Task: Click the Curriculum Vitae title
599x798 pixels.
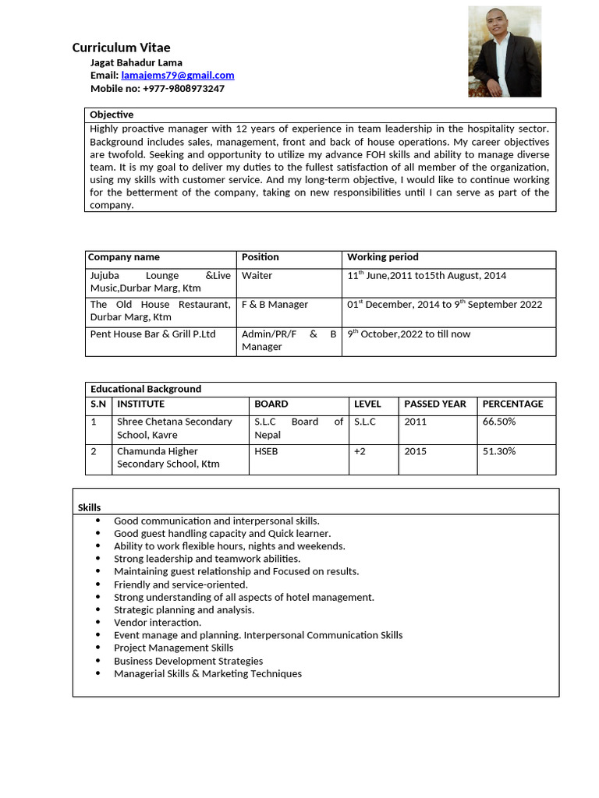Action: pos(121,48)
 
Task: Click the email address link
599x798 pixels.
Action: pos(177,76)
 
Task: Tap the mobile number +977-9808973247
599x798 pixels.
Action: pos(183,89)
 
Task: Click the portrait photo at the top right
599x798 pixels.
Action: pos(504,51)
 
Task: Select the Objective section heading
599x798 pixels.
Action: pos(112,115)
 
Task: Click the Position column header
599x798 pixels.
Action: pos(260,257)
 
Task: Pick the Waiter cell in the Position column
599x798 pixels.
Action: pos(257,276)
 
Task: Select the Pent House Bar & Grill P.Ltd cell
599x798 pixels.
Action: pos(153,334)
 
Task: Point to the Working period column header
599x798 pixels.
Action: pos(382,257)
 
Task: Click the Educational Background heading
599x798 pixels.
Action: pos(145,389)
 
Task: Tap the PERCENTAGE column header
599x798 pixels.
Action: pos(512,404)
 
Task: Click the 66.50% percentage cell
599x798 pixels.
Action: pos(499,422)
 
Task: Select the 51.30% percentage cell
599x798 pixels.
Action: pos(499,451)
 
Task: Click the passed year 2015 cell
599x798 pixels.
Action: pos(415,451)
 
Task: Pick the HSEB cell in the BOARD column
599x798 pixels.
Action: pos(266,451)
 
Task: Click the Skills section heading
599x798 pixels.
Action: pos(89,507)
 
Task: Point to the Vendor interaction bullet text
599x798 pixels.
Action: pos(158,623)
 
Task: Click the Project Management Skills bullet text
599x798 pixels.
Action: pos(173,648)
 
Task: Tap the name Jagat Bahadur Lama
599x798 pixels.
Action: pos(136,62)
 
